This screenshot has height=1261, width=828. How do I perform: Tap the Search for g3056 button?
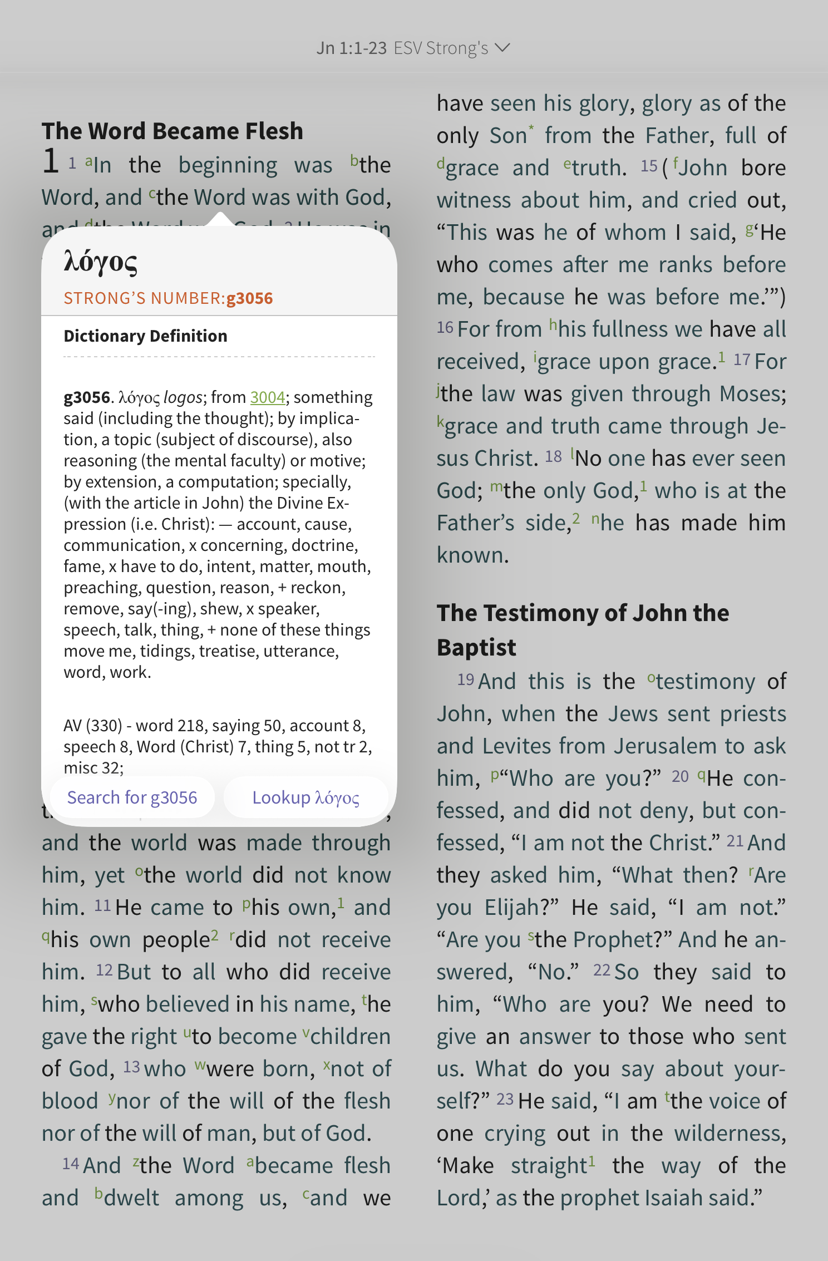(x=132, y=797)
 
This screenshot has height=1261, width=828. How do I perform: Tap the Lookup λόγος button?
(x=305, y=797)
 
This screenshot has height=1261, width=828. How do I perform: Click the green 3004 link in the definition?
(x=267, y=397)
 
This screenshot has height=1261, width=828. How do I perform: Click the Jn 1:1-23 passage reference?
(x=351, y=48)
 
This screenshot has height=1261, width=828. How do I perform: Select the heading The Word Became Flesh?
(x=172, y=131)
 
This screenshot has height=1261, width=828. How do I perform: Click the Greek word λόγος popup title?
(x=101, y=262)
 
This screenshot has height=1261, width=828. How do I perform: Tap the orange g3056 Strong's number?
(x=249, y=298)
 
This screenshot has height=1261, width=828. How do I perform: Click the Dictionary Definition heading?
(x=145, y=336)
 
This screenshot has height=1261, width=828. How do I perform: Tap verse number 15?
(x=649, y=166)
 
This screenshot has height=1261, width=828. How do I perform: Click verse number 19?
(x=465, y=680)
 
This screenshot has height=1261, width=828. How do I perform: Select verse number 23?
(x=505, y=1100)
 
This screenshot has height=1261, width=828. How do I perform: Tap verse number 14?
(x=71, y=1164)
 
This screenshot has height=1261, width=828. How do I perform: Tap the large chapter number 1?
(x=51, y=161)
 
